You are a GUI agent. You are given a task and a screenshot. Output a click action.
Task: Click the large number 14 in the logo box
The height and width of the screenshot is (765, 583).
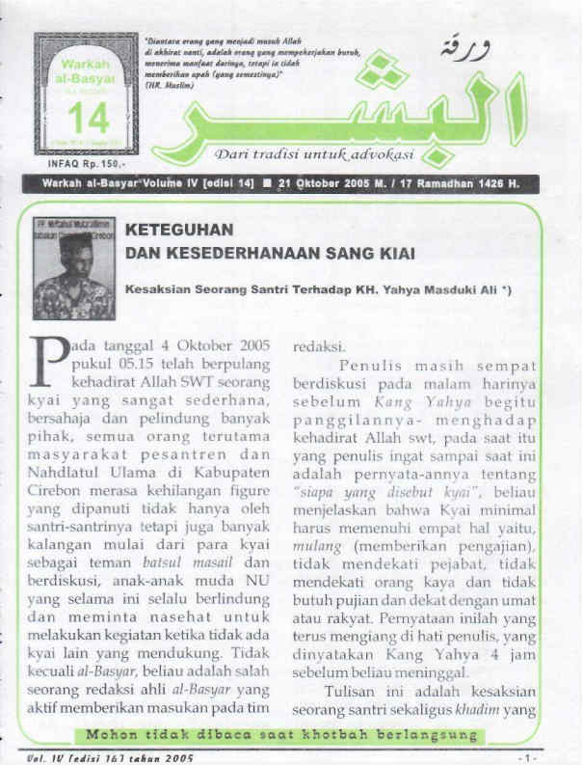(87, 119)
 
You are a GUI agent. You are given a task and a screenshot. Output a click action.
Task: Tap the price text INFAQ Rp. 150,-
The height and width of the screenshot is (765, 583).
(86, 165)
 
